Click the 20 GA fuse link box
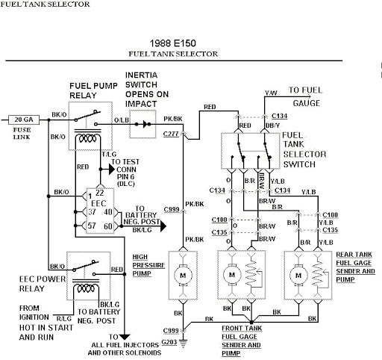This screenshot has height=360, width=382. click(24, 120)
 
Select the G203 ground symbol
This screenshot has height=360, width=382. click(184, 344)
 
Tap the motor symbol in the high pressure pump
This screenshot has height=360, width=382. click(183, 275)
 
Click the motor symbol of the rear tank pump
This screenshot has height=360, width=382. click(298, 275)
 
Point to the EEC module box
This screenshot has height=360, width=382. click(100, 211)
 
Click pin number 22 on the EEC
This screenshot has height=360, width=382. click(100, 193)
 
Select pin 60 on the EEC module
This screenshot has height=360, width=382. click(108, 226)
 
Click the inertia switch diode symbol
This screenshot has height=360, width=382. click(145, 124)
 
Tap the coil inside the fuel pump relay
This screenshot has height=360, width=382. click(87, 138)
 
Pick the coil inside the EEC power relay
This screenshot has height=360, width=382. click(86, 288)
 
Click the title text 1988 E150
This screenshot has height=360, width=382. click(173, 43)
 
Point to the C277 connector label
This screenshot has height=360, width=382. click(171, 134)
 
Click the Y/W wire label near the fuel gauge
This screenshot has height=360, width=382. click(271, 93)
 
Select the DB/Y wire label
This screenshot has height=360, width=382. click(272, 125)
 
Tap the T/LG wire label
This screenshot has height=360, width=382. click(109, 154)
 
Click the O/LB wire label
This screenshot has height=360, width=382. click(122, 120)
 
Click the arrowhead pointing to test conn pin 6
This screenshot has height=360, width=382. click(112, 170)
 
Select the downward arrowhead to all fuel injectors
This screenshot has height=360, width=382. click(125, 337)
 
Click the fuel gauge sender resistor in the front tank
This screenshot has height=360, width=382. click(251, 274)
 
